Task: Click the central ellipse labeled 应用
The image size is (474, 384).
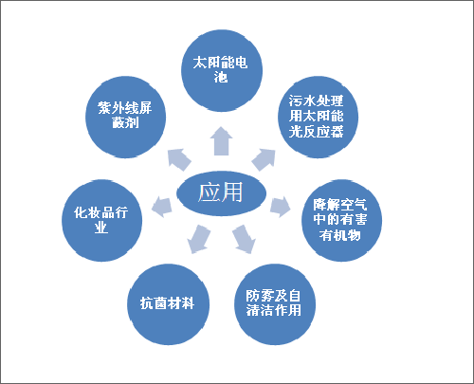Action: [221, 193]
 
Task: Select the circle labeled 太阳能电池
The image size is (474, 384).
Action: [222, 71]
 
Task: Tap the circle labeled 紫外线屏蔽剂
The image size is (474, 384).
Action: [126, 117]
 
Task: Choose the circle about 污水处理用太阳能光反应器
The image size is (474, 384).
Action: [318, 117]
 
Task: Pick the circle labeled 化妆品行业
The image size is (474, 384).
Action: [101, 221]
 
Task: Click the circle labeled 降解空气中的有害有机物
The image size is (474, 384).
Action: [341, 221]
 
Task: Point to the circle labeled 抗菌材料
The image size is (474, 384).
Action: [168, 304]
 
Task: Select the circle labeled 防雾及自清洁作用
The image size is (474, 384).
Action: [275, 304]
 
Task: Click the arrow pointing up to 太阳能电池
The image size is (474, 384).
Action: [221, 141]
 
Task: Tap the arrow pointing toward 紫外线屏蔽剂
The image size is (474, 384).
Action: [179, 159]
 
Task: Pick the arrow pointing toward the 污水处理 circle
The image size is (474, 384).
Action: [264, 160]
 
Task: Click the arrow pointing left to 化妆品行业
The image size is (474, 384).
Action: [162, 207]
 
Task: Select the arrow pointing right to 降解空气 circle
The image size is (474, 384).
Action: [281, 207]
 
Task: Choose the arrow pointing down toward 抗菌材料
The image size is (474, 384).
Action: [199, 239]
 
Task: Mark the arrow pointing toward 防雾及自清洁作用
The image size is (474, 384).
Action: [244, 239]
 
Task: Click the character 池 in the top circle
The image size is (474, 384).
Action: [221, 78]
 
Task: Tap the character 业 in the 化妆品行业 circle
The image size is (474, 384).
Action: [101, 228]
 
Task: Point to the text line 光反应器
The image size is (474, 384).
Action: [316, 132]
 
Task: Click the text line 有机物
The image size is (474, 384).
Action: [340, 235]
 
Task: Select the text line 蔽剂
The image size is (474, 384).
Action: [126, 123]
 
